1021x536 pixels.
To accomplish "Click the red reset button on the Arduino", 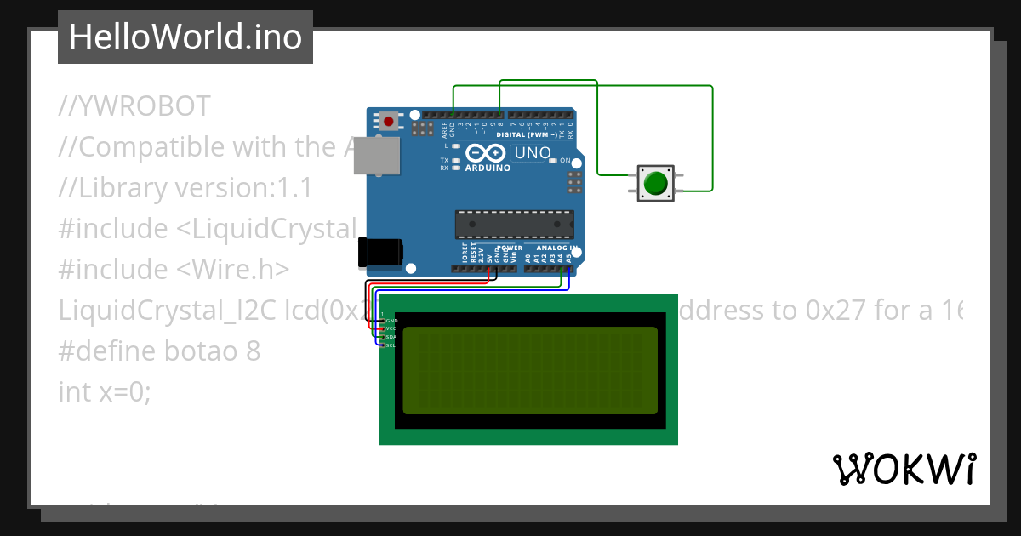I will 389,121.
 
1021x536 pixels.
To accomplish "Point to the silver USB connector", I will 375,156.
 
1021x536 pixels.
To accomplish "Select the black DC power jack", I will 379,253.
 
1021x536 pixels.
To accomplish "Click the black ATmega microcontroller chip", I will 514,223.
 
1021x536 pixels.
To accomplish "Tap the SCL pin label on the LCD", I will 391,345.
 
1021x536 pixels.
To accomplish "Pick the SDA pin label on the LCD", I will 391,337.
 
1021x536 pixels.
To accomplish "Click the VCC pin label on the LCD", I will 391,328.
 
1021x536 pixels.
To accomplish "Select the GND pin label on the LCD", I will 391,320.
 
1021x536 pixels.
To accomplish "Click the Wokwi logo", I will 904,469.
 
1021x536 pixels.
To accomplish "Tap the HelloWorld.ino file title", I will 185,37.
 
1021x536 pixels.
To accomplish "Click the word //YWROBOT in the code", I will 134,106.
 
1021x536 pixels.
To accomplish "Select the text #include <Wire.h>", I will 174,269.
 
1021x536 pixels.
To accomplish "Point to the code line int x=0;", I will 104,391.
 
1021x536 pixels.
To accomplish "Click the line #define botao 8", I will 159,351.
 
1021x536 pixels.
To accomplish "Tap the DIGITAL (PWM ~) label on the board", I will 527,135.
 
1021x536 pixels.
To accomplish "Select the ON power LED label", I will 565,160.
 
